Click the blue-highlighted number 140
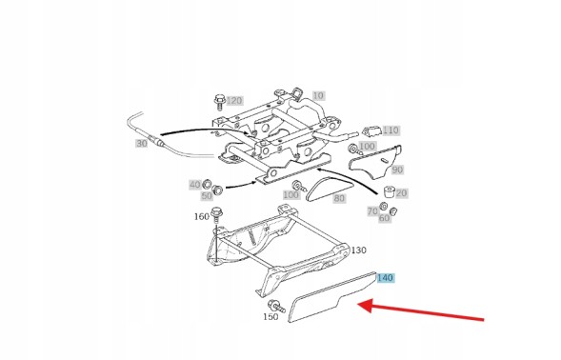click(x=385, y=278)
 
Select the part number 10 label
click(x=318, y=95)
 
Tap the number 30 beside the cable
click(x=142, y=144)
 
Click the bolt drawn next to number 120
click(x=219, y=102)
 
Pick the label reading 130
click(x=359, y=250)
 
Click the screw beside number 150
click(x=276, y=306)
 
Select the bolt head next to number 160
click(x=217, y=212)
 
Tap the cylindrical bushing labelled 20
click(x=389, y=192)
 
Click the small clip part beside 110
click(x=371, y=131)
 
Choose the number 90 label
click(x=397, y=170)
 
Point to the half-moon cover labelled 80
click(x=330, y=189)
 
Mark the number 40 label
click(x=195, y=185)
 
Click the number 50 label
click(x=207, y=196)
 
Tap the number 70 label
click(x=372, y=211)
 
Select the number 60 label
click(x=384, y=218)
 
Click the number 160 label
click(x=202, y=216)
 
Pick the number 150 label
click(x=270, y=317)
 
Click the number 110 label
click(x=391, y=130)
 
